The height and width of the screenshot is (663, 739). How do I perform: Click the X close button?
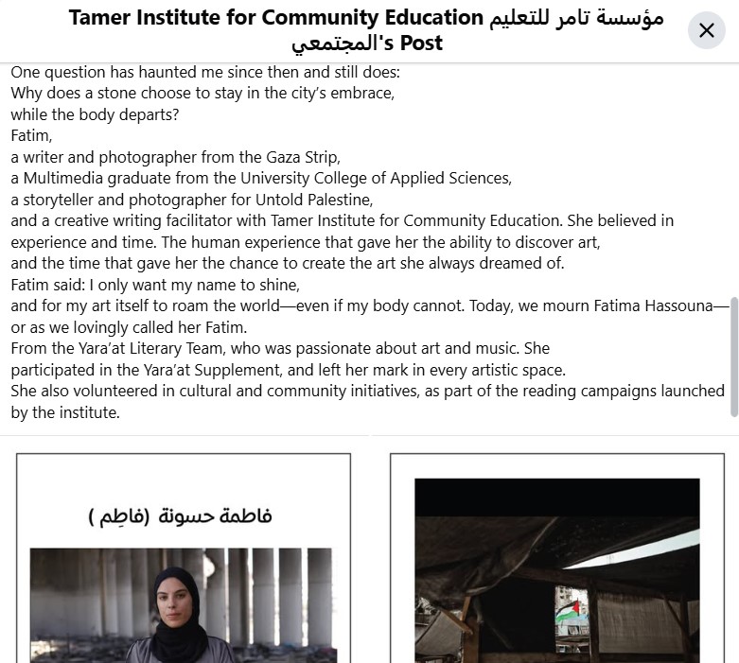[x=706, y=30]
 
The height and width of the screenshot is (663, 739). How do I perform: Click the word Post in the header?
[x=421, y=44]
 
